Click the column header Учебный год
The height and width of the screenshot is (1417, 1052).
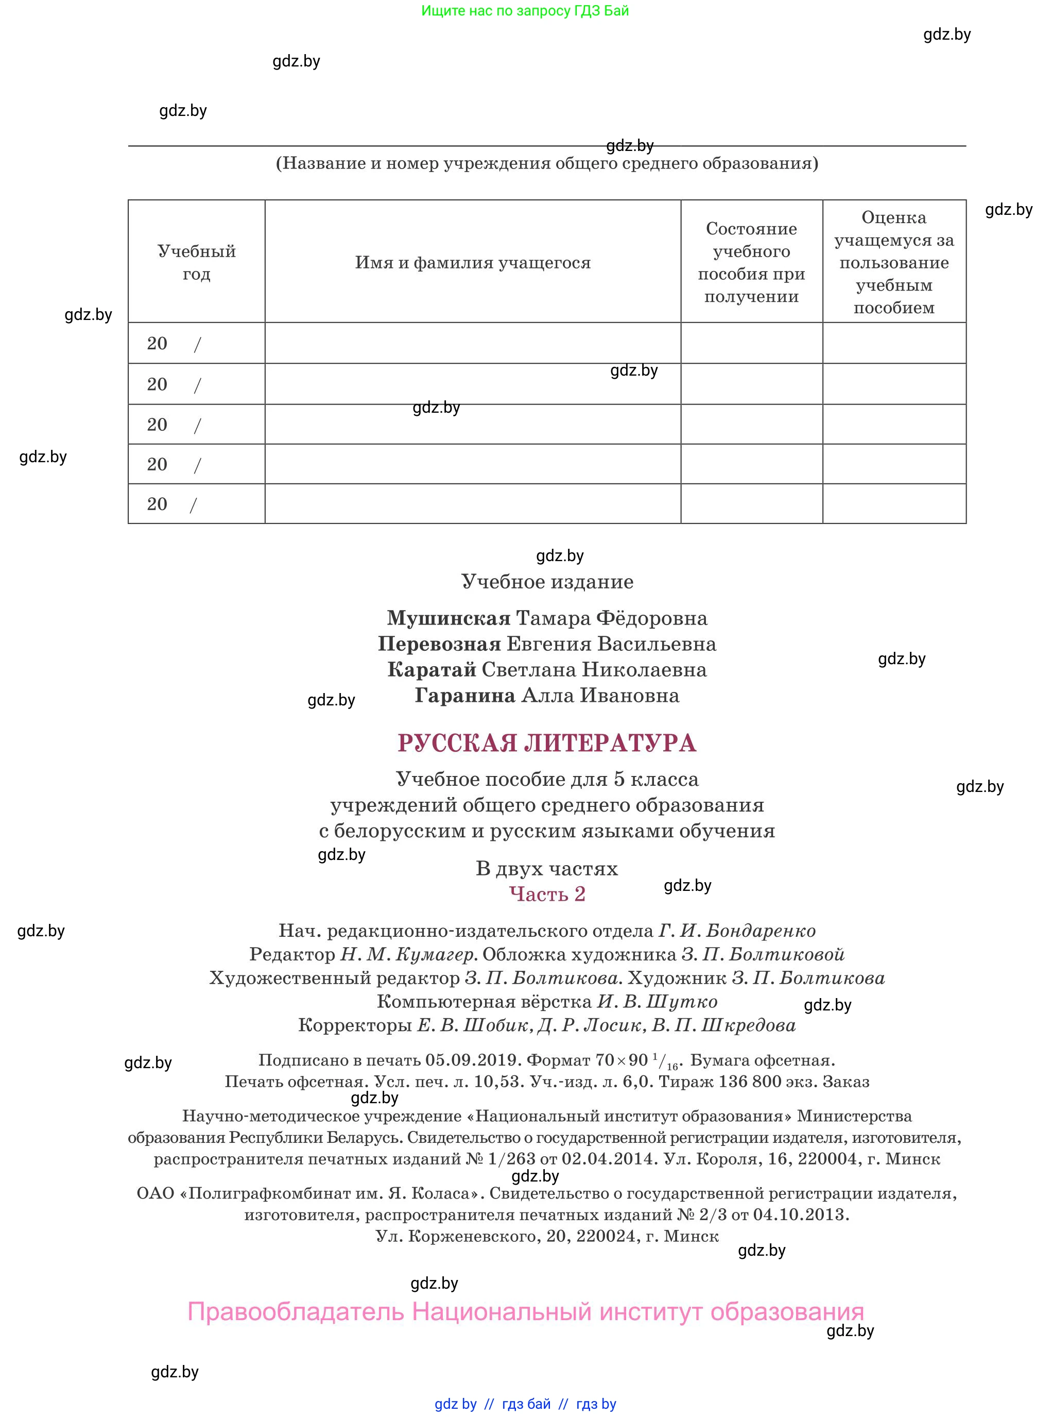coord(196,262)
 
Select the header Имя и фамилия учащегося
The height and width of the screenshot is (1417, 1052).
coord(473,262)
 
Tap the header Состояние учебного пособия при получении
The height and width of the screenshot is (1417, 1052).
coord(751,262)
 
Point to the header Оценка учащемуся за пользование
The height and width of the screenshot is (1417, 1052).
coord(894,262)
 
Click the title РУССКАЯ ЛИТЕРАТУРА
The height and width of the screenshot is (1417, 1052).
coord(547,743)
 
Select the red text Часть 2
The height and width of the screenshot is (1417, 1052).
coord(547,894)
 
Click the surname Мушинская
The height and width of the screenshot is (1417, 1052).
coord(449,618)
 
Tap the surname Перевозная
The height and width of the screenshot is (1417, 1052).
coord(439,644)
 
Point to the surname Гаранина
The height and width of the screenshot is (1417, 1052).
coord(465,695)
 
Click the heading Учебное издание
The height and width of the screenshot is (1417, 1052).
coord(547,581)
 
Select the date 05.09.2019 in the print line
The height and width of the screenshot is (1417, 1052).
coord(473,1060)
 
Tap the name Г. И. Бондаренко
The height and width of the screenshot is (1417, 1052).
coord(737,931)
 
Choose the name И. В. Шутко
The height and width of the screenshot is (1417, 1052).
coord(657,1002)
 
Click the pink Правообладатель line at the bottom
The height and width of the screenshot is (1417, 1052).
coord(525,1311)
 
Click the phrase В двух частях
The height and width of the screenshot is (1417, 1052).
coord(547,868)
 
